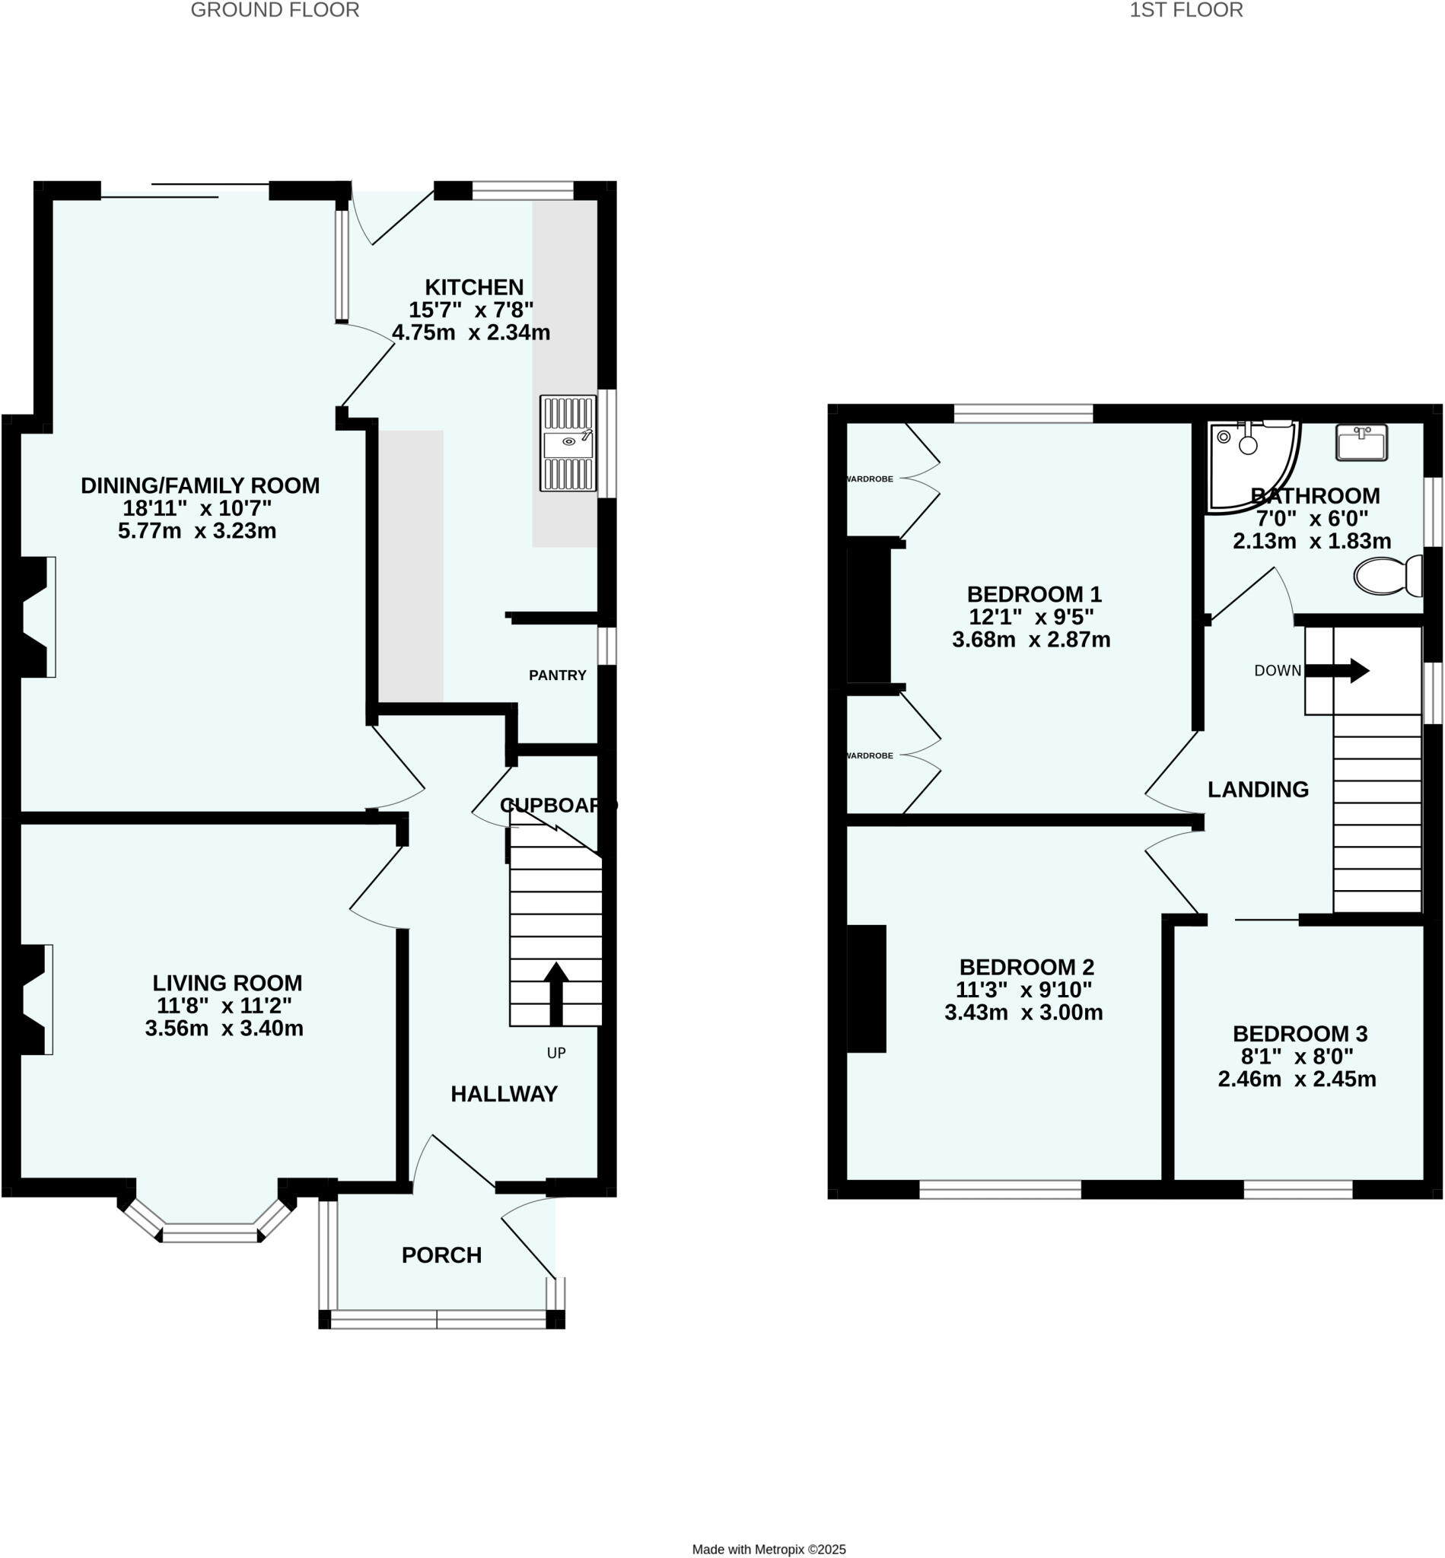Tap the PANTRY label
(558, 676)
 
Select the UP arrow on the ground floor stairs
(556, 992)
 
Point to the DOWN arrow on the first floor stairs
(1348, 671)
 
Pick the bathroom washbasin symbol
(1362, 443)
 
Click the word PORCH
(442, 1255)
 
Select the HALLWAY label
(504, 1094)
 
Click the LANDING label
(1258, 790)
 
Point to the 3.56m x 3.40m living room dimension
(224, 1028)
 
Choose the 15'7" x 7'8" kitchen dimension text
(471, 310)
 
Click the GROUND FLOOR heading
(275, 10)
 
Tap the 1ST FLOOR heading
(1186, 10)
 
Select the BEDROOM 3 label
(1300, 1035)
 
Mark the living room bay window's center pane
(208, 1235)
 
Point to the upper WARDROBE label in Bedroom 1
(871, 479)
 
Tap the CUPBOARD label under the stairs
(558, 805)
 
